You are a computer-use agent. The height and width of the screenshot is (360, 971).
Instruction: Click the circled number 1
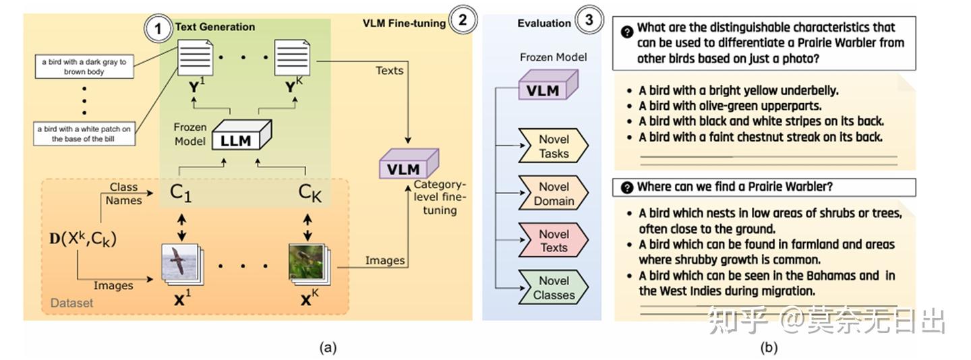point(158,28)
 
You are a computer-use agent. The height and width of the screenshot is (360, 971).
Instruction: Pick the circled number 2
point(463,20)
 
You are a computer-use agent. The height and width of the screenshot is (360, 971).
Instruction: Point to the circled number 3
point(589,20)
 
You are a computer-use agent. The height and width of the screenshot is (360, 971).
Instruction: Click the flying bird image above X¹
point(181,265)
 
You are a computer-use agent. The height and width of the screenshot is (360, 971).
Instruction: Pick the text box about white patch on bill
point(84,133)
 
